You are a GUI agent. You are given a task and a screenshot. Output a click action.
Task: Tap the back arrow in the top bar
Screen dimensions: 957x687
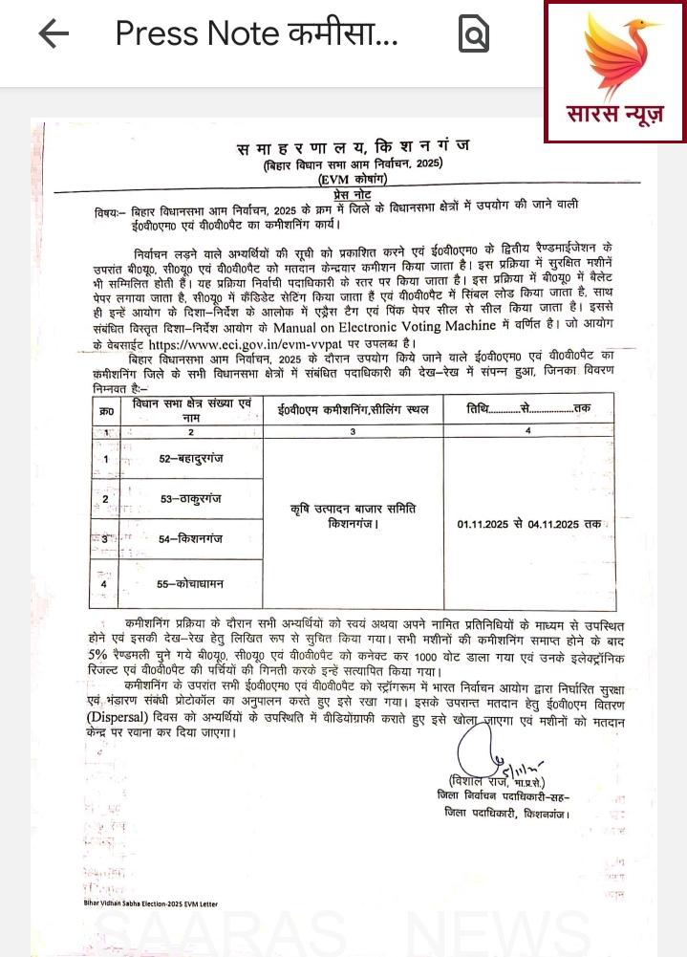(54, 33)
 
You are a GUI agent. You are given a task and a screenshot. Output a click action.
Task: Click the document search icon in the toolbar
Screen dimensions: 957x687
(474, 34)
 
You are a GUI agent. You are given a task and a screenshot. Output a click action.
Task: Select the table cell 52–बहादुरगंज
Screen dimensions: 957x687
(190, 460)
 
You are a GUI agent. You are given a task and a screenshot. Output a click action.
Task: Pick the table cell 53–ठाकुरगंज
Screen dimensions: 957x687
(190, 499)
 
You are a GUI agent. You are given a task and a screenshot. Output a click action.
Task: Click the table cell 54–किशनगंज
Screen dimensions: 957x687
(190, 539)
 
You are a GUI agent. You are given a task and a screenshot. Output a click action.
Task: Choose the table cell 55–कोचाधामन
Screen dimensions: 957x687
(190, 583)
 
